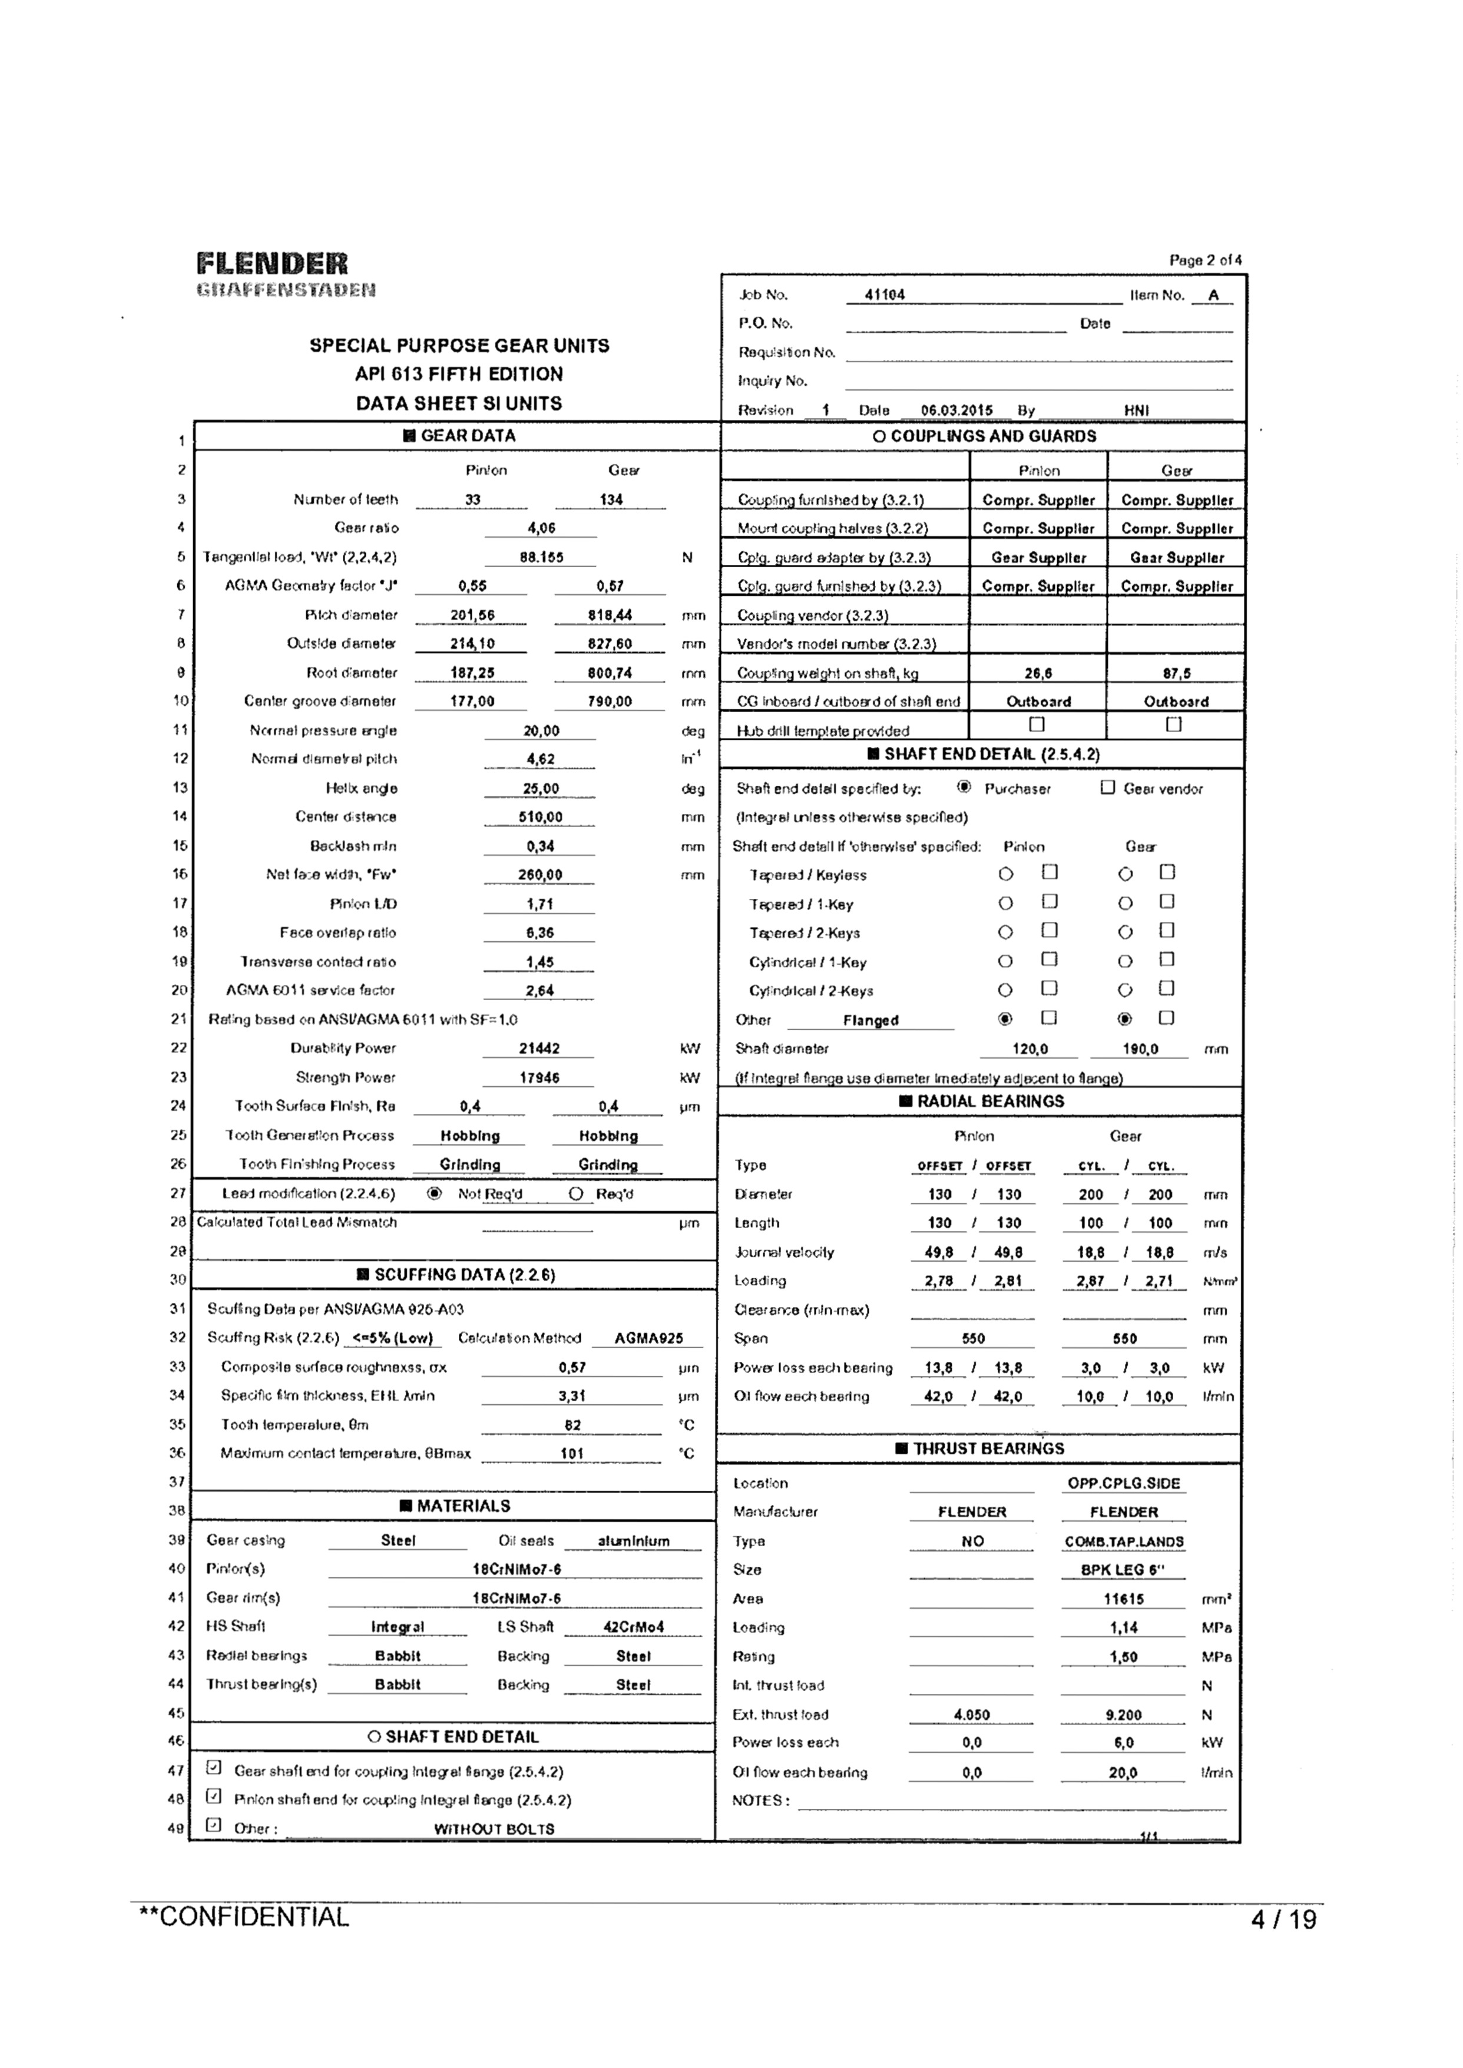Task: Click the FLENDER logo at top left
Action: click(x=272, y=264)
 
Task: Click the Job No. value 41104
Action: click(x=885, y=295)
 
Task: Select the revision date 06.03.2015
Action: click(x=956, y=411)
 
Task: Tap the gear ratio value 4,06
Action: click(x=541, y=529)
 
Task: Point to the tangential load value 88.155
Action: click(x=541, y=558)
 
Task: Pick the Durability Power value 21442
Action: click(x=539, y=1048)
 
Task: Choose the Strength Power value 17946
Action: click(x=539, y=1077)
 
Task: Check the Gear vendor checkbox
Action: click(x=1108, y=788)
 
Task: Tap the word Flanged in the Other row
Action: click(x=870, y=1021)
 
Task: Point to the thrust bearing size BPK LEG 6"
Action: click(x=1123, y=1570)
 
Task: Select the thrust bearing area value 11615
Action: click(x=1123, y=1599)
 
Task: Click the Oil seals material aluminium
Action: click(x=633, y=1541)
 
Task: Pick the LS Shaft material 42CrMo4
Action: click(x=633, y=1627)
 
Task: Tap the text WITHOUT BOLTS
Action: click(x=494, y=1829)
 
